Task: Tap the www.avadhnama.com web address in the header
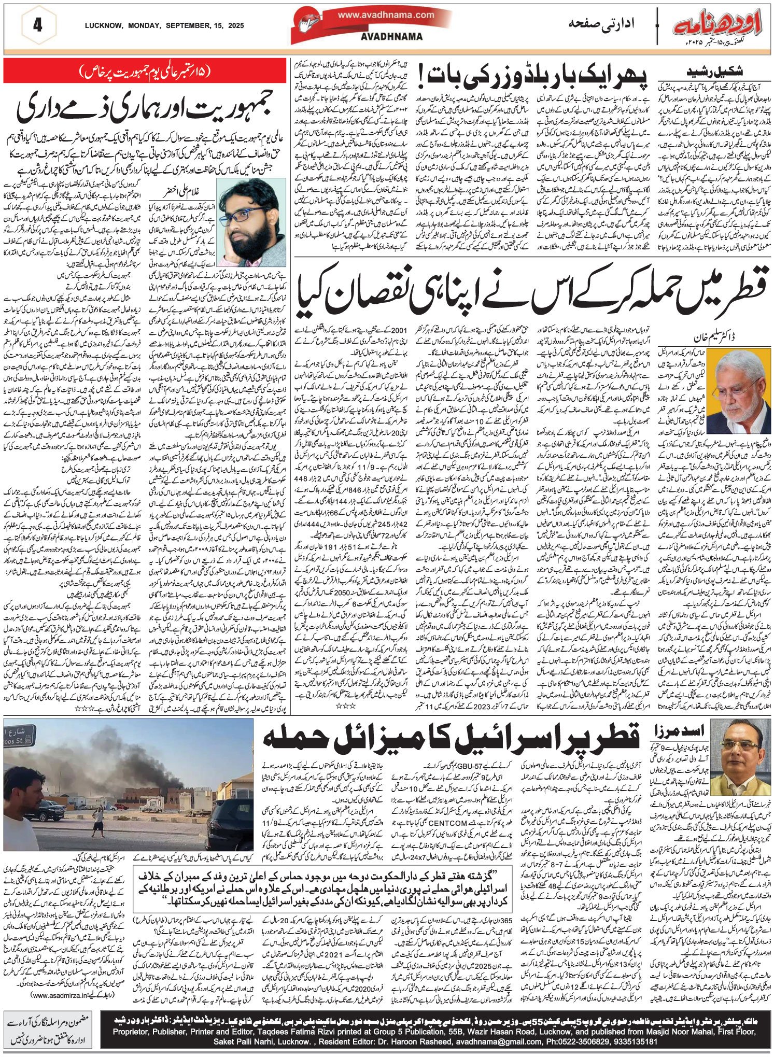tap(386, 15)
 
